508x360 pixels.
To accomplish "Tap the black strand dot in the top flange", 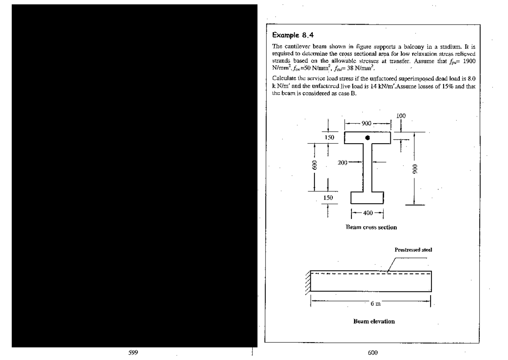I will [367, 138].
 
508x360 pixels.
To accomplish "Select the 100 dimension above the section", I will [401, 115].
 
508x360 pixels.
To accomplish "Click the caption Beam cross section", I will [371, 227].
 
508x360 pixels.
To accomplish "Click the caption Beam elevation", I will [374, 321].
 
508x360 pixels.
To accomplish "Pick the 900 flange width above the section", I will [367, 123].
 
